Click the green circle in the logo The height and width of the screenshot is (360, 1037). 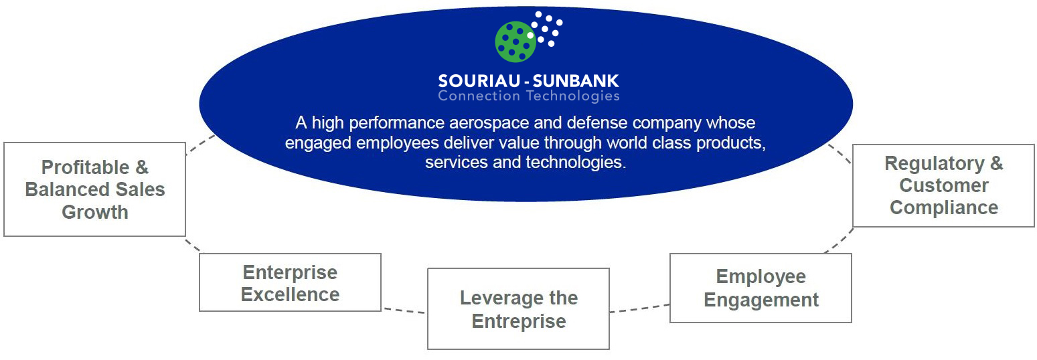click(515, 41)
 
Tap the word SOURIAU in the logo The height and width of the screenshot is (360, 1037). click(479, 81)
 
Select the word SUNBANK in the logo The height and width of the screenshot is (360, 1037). click(576, 81)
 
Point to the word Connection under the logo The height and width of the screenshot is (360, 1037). click(479, 96)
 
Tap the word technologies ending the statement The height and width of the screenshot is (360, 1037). click(576, 163)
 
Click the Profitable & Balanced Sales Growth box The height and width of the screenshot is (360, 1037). click(95, 189)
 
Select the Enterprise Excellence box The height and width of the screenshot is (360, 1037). click(291, 282)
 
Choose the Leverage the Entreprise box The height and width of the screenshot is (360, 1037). click(518, 308)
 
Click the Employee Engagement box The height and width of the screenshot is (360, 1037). click(761, 288)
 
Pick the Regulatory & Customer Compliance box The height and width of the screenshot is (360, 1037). click(943, 185)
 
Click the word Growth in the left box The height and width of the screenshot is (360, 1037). click(95, 212)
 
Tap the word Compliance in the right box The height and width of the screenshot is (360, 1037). click(944, 207)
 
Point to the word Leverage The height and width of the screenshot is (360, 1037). click(496, 298)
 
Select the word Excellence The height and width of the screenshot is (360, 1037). click(291, 294)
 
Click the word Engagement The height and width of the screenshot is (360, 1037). click(761, 300)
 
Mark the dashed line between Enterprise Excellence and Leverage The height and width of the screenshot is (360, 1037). click(404, 310)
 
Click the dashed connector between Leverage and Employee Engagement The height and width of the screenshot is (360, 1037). click(639, 308)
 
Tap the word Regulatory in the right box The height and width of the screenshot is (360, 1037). click(935, 164)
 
